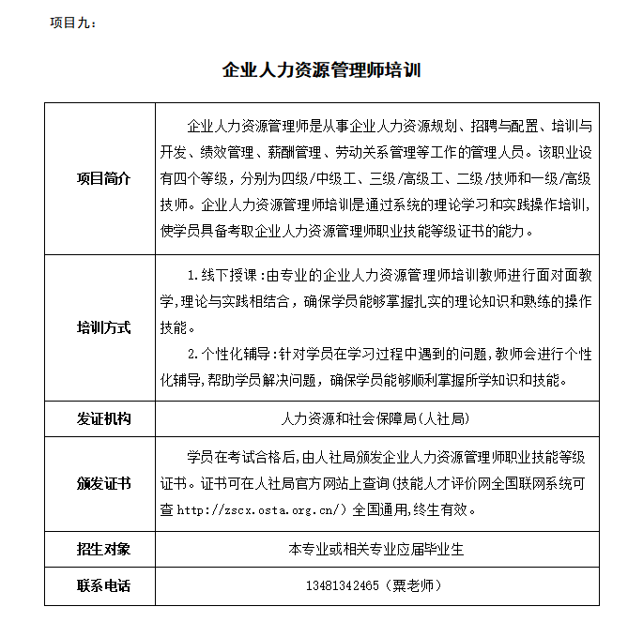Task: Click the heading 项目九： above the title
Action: [x=72, y=23]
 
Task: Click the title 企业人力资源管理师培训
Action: [x=322, y=70]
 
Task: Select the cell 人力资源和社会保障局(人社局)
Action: [x=375, y=418]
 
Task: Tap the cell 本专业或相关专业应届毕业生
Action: [x=375, y=549]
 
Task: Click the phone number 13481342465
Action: [x=342, y=586]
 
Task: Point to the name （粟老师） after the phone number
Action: [x=414, y=586]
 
